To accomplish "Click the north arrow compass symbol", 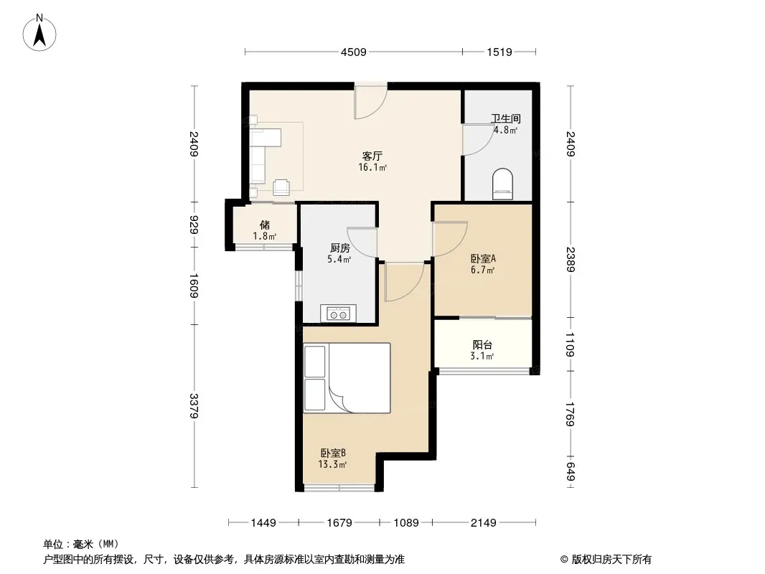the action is tap(39, 33).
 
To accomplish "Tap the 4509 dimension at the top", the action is tap(353, 52).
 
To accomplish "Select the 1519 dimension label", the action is tap(499, 52).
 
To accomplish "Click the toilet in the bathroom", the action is tap(502, 184).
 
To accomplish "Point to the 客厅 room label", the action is tap(372, 156).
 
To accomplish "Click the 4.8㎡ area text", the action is tap(505, 130).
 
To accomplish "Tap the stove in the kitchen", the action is tap(338, 314).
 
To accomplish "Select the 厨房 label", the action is tap(339, 248).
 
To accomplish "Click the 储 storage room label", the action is tap(265, 225).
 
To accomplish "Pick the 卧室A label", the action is tap(483, 258).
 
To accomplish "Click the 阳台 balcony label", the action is tap(482, 344).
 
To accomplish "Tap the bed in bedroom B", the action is tap(347, 378).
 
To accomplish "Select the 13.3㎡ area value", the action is tap(332, 464).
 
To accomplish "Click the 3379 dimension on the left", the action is tap(194, 406).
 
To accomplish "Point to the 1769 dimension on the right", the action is tap(571, 414).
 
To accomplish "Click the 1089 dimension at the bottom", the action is tap(406, 523).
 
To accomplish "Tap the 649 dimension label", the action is tap(571, 471).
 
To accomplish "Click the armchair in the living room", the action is tap(281, 187).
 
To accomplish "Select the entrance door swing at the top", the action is tap(370, 101).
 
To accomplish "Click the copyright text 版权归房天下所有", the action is tap(611, 560).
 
